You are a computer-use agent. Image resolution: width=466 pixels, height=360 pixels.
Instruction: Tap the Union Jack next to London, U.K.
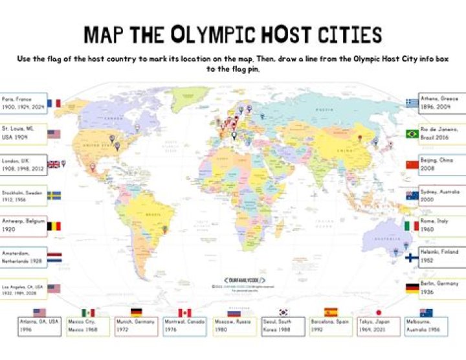click(x=54, y=164)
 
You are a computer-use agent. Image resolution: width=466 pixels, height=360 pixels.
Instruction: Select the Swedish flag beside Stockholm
click(x=54, y=195)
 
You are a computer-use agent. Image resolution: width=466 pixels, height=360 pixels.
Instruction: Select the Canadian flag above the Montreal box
click(x=184, y=313)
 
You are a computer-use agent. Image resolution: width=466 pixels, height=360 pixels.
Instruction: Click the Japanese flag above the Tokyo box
click(x=379, y=313)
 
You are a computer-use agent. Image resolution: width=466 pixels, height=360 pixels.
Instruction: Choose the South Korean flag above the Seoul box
click(x=282, y=313)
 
